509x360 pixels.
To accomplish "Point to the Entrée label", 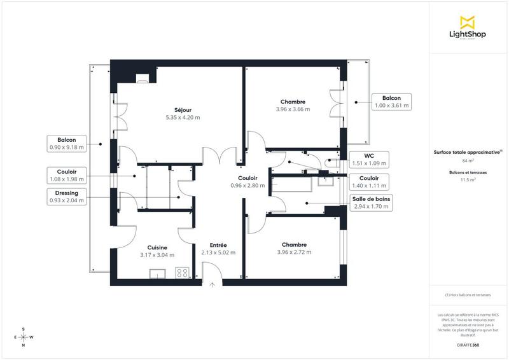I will tap(218, 245).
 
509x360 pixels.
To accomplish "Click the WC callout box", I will tap(368, 159).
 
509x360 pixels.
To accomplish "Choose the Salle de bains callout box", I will tap(372, 202).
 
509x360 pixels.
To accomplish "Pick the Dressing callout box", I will tap(67, 197).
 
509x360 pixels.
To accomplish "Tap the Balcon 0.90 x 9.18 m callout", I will tap(67, 143).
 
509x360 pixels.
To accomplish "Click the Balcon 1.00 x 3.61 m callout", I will tap(391, 102).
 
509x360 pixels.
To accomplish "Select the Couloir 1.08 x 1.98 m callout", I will tap(67, 175).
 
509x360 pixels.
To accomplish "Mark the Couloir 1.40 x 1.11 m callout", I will tap(369, 182).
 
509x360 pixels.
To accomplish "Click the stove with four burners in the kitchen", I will tap(183, 273).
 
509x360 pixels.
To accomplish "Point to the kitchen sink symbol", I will tap(157, 274).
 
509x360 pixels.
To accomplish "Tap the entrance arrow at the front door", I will tap(213, 285).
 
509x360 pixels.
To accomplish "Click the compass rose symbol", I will tap(24, 337).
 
